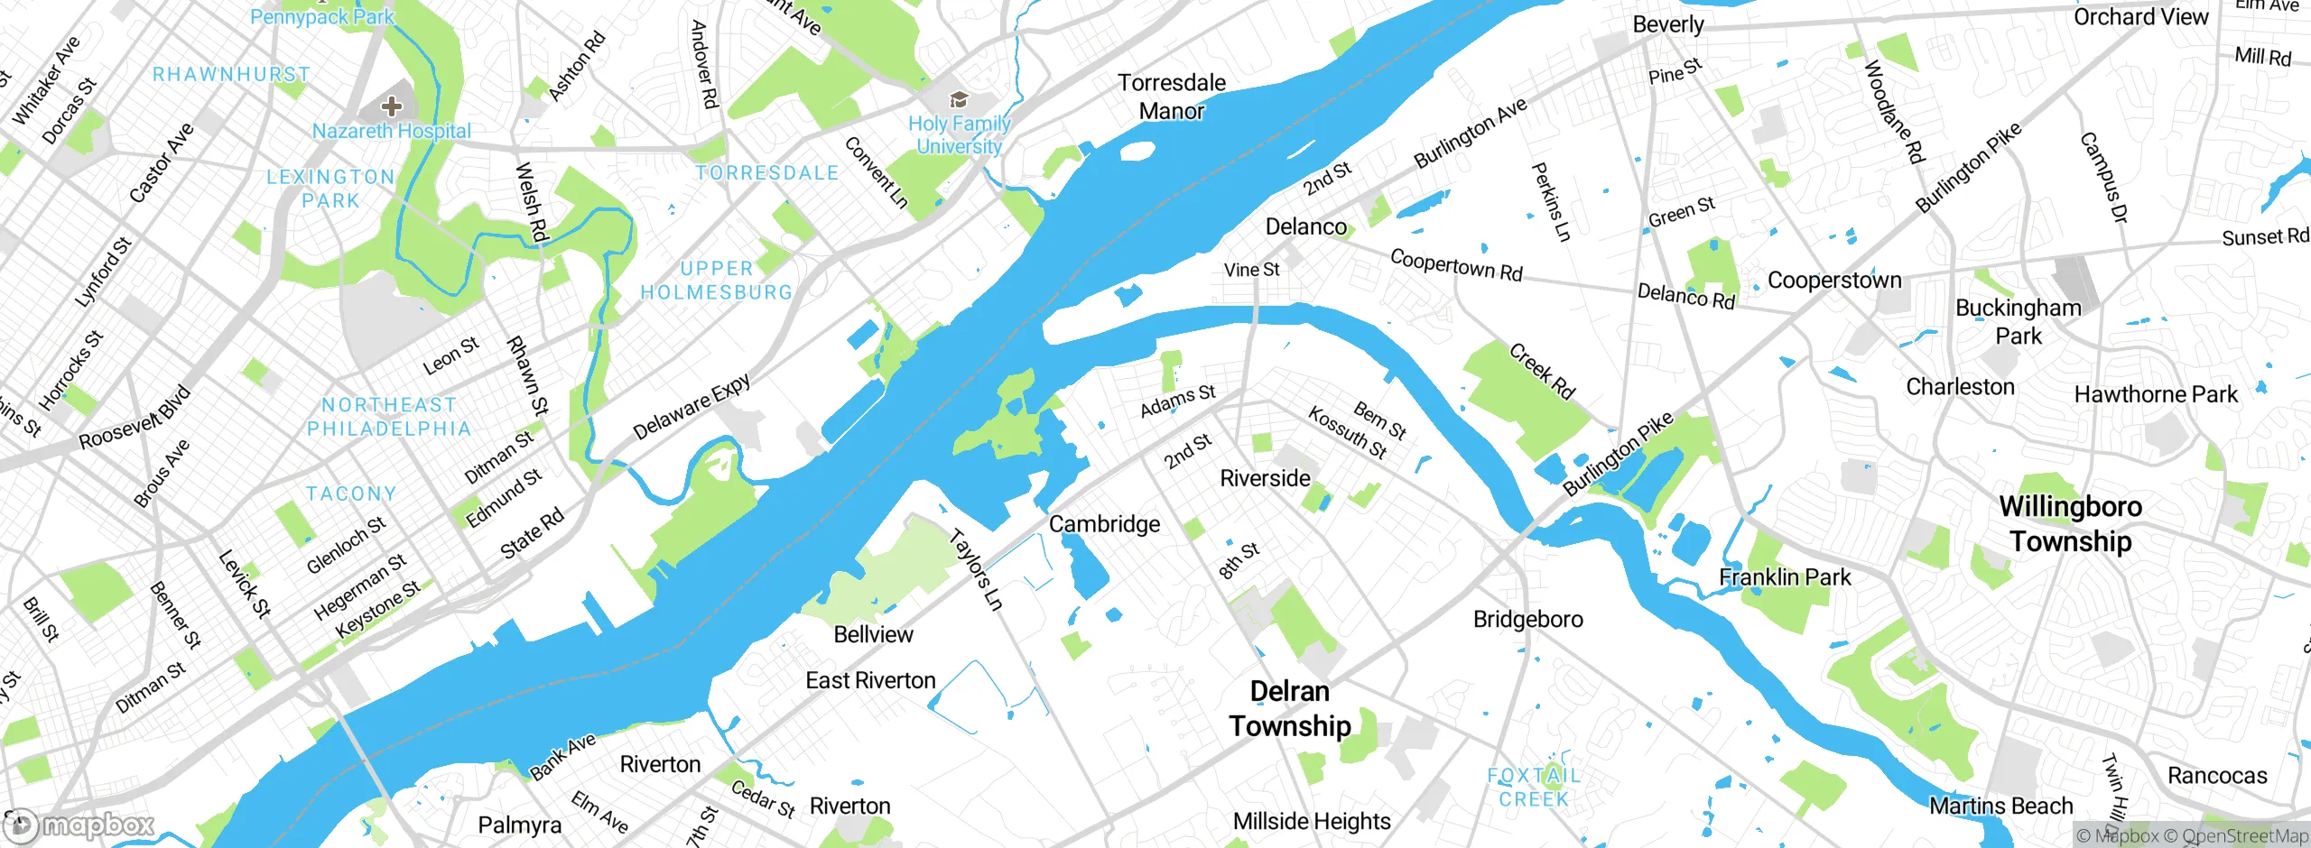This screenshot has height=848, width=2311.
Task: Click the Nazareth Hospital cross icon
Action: point(391,106)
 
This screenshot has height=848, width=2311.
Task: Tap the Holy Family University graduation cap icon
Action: point(959,99)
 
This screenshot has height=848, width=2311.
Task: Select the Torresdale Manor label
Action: point(1172,97)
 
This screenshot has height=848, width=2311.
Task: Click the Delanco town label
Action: point(1305,226)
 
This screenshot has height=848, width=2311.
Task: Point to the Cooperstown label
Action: point(1833,281)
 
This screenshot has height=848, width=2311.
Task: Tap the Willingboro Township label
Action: point(2070,523)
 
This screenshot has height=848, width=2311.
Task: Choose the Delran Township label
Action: point(1290,708)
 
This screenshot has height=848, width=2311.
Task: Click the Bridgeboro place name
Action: point(1527,619)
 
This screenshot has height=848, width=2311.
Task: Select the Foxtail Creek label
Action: point(1534,787)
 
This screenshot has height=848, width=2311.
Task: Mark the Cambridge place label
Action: point(1104,524)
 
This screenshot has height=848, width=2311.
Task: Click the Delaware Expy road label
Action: point(691,408)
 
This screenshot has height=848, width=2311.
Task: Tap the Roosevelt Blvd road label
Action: point(135,418)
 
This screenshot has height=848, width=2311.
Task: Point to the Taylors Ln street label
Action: point(976,570)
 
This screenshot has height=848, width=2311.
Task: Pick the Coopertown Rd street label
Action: point(1455,264)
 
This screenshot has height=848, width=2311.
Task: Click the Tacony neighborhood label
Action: point(351,493)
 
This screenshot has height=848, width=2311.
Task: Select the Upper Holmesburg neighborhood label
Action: point(716,281)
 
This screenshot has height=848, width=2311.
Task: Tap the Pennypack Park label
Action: point(322,16)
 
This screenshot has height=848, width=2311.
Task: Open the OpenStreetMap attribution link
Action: point(2244,836)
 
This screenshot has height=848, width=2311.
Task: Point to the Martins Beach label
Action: point(2000,806)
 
